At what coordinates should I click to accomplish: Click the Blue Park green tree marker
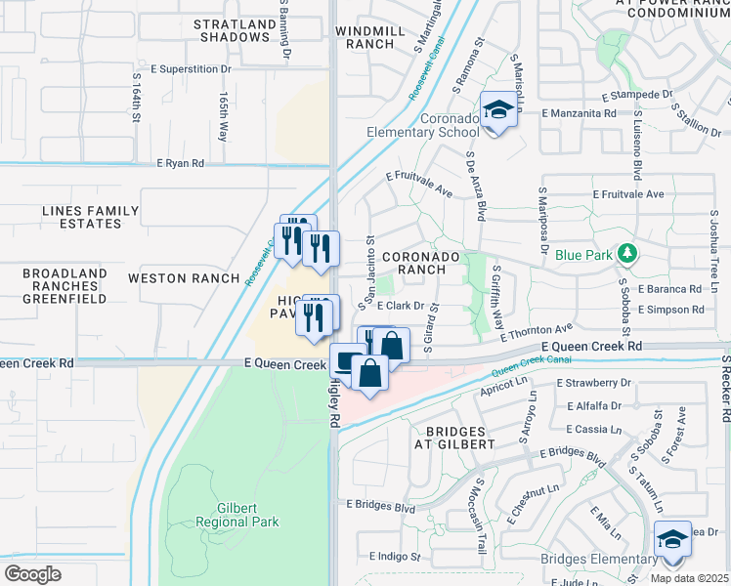626,254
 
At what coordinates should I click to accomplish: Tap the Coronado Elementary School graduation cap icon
497,110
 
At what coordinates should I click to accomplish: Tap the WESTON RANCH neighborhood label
184,278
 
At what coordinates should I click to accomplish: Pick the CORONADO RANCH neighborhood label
420,263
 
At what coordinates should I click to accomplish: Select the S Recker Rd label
725,389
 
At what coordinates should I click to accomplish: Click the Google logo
31,574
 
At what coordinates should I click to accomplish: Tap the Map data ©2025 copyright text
689,578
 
